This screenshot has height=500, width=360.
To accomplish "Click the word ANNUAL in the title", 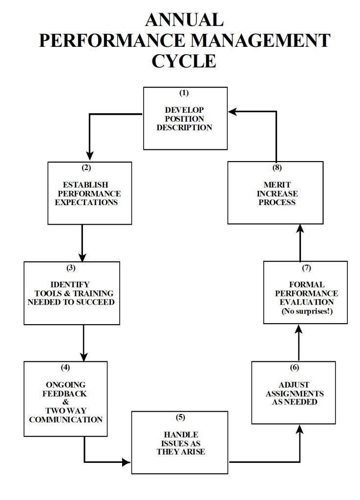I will click(184, 20).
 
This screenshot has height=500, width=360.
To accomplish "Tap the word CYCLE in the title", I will click(184, 61).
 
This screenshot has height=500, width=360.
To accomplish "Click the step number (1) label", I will click(184, 93).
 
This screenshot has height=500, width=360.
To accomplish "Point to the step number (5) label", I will click(180, 417).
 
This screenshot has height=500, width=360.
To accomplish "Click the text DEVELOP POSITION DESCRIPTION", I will click(184, 119).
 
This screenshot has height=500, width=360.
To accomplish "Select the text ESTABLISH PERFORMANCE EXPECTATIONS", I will click(88, 193).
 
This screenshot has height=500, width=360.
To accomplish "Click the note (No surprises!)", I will click(307, 311).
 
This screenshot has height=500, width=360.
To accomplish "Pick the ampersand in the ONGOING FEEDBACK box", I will click(65, 402).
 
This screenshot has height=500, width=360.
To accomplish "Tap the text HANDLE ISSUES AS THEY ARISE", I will click(180, 443).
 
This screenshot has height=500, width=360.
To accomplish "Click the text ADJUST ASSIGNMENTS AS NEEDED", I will click(295, 394).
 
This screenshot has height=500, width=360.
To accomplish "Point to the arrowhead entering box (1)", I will click(233, 112).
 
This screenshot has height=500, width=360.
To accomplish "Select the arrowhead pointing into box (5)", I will click(127, 461).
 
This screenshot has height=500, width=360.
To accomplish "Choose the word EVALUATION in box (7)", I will click(307, 302).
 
